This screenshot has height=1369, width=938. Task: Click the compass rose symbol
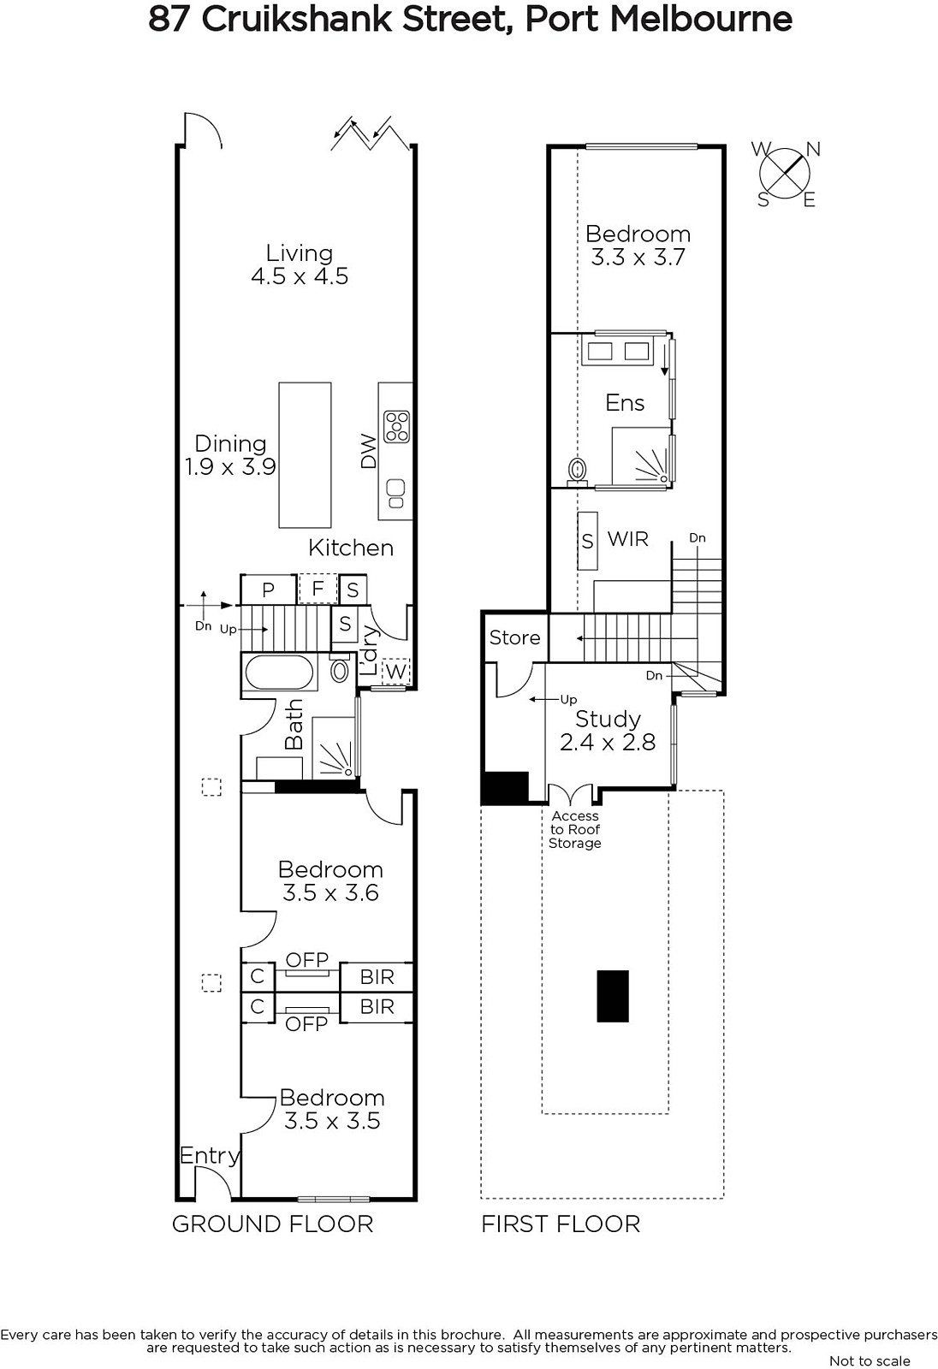[x=785, y=174]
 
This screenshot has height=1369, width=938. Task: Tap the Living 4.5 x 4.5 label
[x=300, y=264]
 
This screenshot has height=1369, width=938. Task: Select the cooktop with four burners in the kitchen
[x=396, y=427]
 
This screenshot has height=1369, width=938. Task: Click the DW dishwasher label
[x=368, y=451]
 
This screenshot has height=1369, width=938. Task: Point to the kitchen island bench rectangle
[x=306, y=454]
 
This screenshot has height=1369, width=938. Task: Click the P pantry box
[x=269, y=590]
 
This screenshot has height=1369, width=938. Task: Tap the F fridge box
[x=318, y=589]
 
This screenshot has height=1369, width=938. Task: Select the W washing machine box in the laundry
[x=395, y=672]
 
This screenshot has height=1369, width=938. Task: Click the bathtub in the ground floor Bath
[x=280, y=673]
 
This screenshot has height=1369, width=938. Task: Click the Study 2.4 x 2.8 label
[x=608, y=731]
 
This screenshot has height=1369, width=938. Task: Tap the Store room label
[x=515, y=637]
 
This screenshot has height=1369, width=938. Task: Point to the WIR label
[x=628, y=538]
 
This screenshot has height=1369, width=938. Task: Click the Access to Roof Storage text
[x=575, y=829]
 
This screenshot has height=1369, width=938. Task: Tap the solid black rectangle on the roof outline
[x=613, y=996]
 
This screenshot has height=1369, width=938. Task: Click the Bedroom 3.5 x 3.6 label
[x=331, y=880]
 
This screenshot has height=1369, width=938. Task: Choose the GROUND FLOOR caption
[x=273, y=1224]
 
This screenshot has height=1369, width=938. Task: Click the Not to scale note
[x=870, y=1360]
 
